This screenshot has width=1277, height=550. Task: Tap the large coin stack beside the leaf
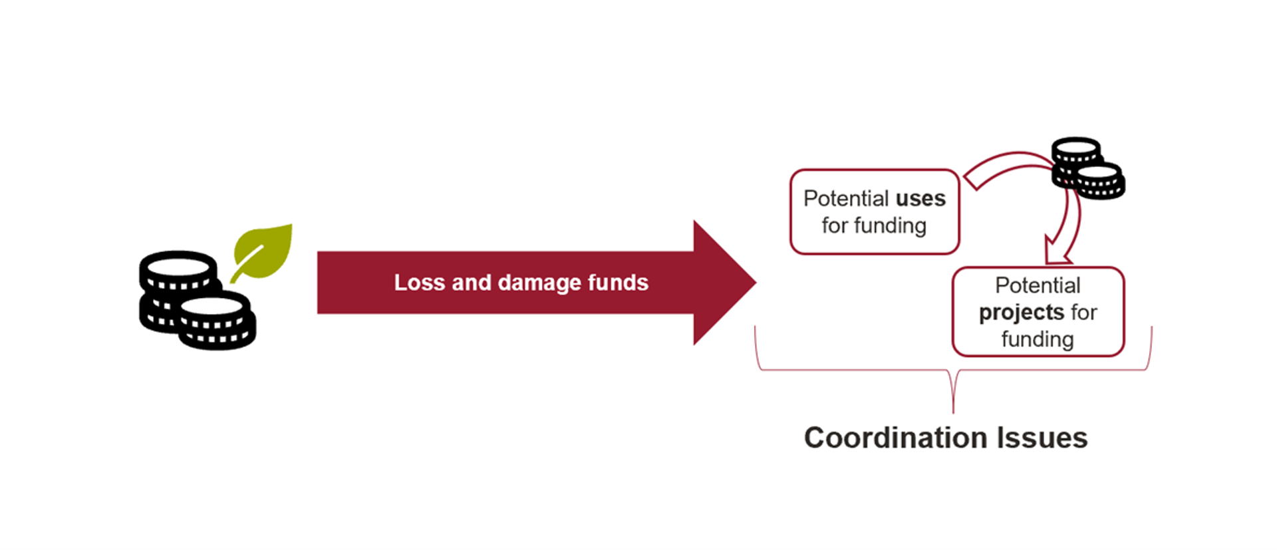(x=198, y=301)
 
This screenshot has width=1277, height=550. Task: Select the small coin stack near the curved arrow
(x=1087, y=168)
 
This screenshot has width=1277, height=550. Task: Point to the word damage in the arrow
(x=539, y=283)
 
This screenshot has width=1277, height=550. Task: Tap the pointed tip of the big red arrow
(x=756, y=283)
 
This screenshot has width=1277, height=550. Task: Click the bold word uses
(x=921, y=198)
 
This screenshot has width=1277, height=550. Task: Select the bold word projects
(x=1022, y=313)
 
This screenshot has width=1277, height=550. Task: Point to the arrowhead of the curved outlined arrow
(x=1058, y=251)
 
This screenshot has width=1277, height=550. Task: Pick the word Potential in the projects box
(x=1038, y=285)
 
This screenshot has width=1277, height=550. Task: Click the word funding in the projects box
(x=1038, y=340)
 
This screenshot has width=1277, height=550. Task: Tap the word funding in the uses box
(x=890, y=226)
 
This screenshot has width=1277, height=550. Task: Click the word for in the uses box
(x=835, y=225)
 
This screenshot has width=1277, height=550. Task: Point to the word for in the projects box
(x=1083, y=313)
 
